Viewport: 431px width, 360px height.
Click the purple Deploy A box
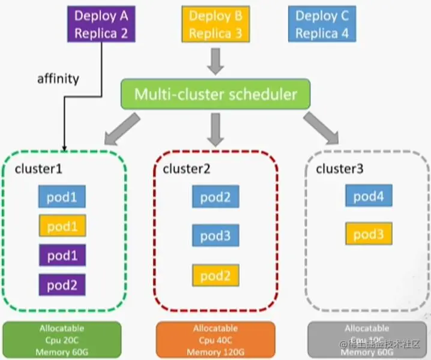coord(100,24)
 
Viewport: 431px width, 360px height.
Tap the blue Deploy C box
coord(322,24)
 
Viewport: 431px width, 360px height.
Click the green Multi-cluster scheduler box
coord(216,94)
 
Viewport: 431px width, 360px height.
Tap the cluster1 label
coord(38,169)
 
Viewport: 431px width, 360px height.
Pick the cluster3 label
coord(340,169)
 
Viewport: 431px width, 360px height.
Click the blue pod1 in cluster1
coord(62,197)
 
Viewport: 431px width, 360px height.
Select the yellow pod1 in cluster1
coord(62,226)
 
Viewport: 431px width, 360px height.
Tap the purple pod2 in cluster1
coord(62,284)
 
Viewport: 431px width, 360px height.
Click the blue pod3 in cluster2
coord(216,236)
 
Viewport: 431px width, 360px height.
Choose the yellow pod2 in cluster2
coord(216,275)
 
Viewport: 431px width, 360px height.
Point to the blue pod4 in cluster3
coord(369,196)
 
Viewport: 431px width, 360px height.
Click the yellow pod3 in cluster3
coord(369,234)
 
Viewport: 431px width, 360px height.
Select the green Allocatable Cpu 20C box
coord(62,340)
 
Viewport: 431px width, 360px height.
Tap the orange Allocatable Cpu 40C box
coord(216,340)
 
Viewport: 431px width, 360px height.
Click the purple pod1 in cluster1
coord(62,255)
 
